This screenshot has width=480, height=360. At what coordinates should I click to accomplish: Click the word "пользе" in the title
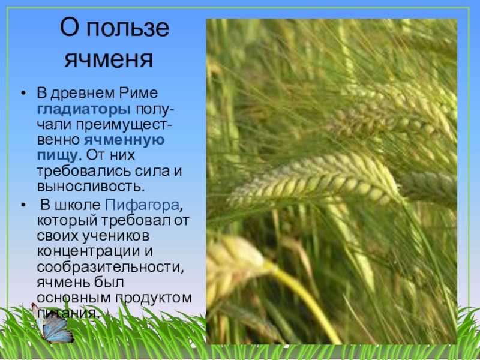(x=127, y=28)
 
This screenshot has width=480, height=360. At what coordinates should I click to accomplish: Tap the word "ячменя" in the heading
(x=109, y=59)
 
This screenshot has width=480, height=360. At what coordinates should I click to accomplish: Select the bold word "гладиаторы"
(x=83, y=109)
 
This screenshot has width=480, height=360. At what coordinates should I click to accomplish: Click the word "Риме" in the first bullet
(x=139, y=93)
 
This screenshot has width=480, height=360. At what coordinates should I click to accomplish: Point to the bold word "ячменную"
(x=124, y=140)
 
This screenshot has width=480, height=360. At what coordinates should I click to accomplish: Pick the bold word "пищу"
(x=57, y=155)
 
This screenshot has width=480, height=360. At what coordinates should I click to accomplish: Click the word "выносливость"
(x=89, y=187)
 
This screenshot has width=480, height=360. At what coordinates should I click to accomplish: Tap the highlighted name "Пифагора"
(x=142, y=205)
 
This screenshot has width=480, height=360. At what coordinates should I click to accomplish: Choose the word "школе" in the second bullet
(x=78, y=205)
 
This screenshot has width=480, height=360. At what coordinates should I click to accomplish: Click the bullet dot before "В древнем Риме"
(x=23, y=94)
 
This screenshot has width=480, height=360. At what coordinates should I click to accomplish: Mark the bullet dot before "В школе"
(x=23, y=205)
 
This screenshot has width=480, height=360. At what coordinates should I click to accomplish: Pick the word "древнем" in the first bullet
(x=83, y=94)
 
